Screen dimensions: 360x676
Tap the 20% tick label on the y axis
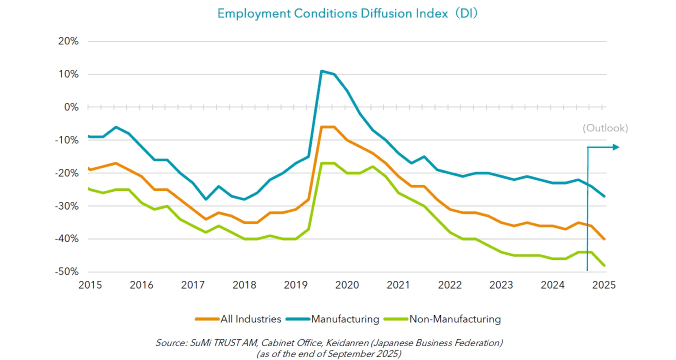coord(68,41)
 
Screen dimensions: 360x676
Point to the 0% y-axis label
coord(71,107)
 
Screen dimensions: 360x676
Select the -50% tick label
coord(67,272)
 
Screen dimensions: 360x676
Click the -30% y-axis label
coord(67,206)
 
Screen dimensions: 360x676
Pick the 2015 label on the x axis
coord(90,285)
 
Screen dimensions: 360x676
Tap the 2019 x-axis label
coord(296,285)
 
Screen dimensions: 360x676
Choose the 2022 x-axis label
coord(450,285)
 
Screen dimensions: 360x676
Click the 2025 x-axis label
coord(604,285)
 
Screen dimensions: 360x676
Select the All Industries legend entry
coord(251,319)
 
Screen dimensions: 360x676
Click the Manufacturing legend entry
coord(345,319)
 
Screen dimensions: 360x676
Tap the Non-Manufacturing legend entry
coord(455,319)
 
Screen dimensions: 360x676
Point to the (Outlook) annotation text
coord(605,128)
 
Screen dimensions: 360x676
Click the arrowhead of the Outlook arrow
coord(616,147)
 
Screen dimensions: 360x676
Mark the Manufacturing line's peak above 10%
coord(321,71)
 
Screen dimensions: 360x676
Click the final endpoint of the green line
coord(604,265)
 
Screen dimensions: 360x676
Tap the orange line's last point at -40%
coord(604,239)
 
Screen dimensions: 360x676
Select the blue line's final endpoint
coord(604,196)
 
